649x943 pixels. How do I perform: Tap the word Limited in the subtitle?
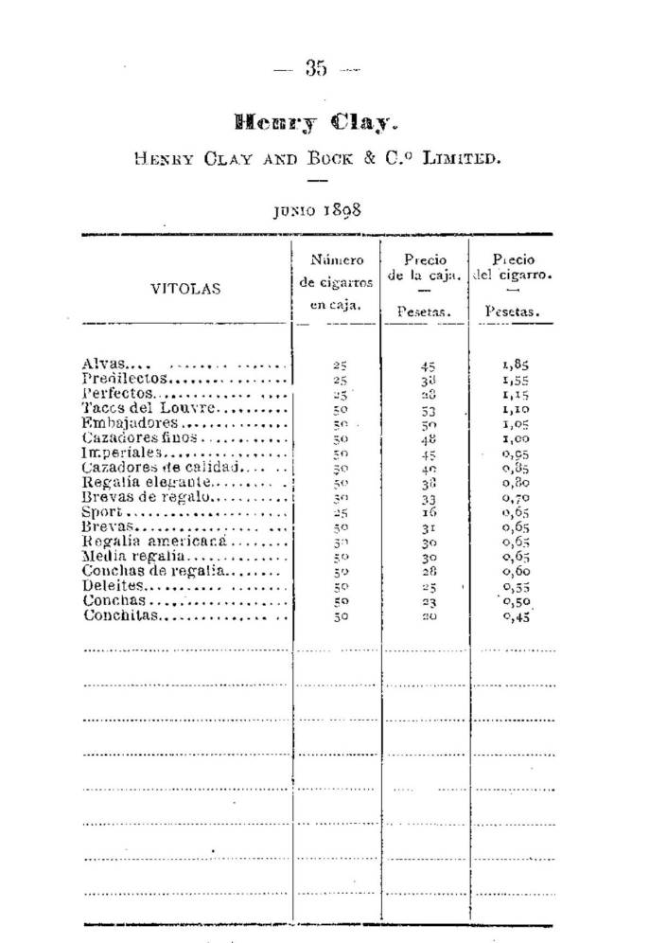463,158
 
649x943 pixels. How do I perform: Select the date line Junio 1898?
316,210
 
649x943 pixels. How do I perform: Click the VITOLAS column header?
185,289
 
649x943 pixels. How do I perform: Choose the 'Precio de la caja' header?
425,269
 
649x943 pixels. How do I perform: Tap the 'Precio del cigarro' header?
514,269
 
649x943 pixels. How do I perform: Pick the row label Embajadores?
116,423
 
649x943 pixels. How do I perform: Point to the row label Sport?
97,512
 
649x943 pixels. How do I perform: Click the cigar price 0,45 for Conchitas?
514,617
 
